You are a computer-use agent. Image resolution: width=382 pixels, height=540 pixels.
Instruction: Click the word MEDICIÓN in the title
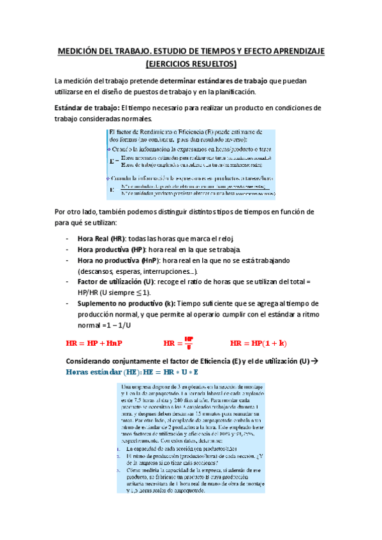[81, 52]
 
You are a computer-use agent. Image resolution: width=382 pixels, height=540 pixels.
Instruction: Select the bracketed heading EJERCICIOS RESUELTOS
[191, 64]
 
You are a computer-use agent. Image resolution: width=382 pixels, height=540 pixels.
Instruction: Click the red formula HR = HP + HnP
[94, 343]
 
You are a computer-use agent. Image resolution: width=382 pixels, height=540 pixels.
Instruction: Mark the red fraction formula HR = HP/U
[178, 343]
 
